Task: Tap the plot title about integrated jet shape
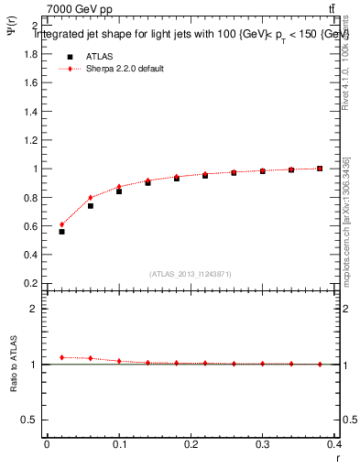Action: (x=192, y=34)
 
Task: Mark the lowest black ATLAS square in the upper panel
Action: (x=61, y=232)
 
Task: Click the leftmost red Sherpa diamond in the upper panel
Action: (x=61, y=224)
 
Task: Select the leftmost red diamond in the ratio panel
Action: (x=61, y=357)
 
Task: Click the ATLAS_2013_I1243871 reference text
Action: (x=191, y=274)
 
